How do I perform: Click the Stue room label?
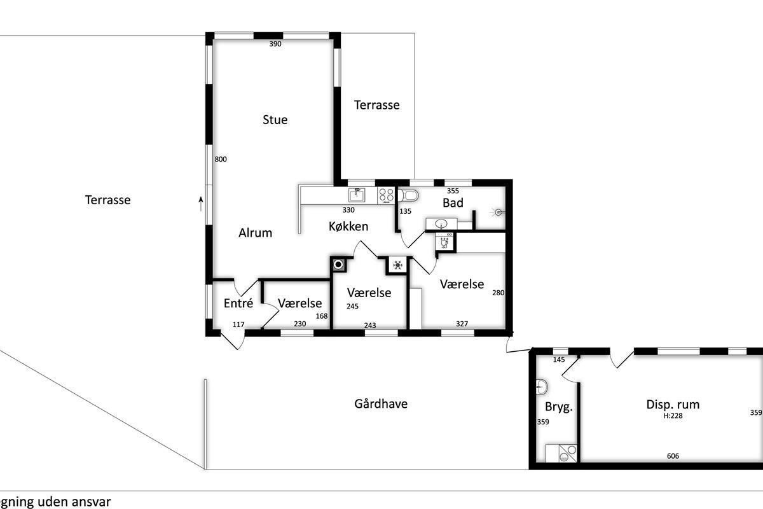click(x=275, y=120)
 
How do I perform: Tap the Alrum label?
click(x=255, y=233)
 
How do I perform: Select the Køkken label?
click(x=348, y=227)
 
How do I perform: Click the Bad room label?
click(x=453, y=203)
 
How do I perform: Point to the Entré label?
click(x=238, y=303)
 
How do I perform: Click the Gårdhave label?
click(x=381, y=403)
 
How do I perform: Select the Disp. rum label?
click(x=673, y=405)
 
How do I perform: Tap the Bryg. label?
click(x=559, y=407)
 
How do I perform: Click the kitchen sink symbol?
click(x=357, y=195)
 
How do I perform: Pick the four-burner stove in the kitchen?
click(x=386, y=195)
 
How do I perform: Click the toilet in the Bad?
click(x=408, y=195)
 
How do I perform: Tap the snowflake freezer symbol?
click(x=397, y=265)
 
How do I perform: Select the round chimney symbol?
click(x=338, y=265)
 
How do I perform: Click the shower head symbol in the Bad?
click(x=497, y=213)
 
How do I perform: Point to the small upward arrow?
click(x=201, y=204)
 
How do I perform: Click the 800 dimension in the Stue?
click(x=221, y=159)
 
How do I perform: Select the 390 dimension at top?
click(x=275, y=44)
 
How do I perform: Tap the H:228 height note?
click(x=673, y=415)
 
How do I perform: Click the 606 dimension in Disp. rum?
click(x=673, y=456)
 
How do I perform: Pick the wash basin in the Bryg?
click(x=541, y=387)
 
